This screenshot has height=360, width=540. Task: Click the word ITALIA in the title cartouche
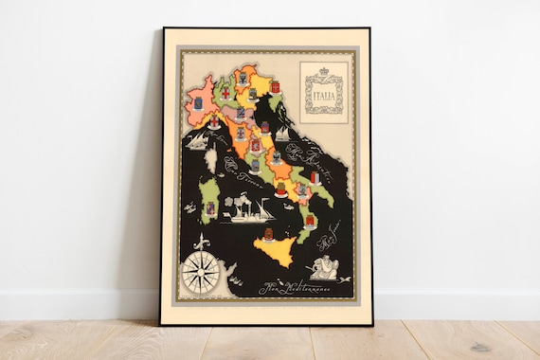pos(323,95)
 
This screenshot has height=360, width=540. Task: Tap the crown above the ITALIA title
pos(323,71)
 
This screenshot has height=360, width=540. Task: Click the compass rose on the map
pos(201,272)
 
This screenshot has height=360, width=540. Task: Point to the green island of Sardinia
pos(209,200)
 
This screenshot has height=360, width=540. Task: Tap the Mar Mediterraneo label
pos(299,286)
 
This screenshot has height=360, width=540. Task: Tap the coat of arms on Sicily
pos(268,234)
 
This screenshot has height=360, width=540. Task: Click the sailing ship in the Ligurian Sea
pos(198,141)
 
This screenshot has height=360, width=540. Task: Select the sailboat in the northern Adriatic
pos(281,134)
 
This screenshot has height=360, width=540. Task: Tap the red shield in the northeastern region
pos(276,87)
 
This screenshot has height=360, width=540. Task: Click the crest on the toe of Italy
pos(308,220)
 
